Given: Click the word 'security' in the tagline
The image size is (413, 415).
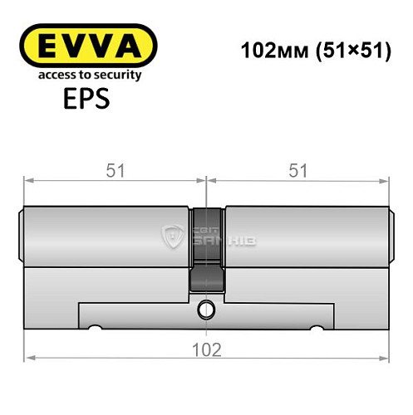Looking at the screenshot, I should tap(114, 75).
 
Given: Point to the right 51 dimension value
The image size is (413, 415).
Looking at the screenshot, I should tap(297, 170).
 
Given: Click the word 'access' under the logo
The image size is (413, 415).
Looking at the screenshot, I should tap(49, 75).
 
